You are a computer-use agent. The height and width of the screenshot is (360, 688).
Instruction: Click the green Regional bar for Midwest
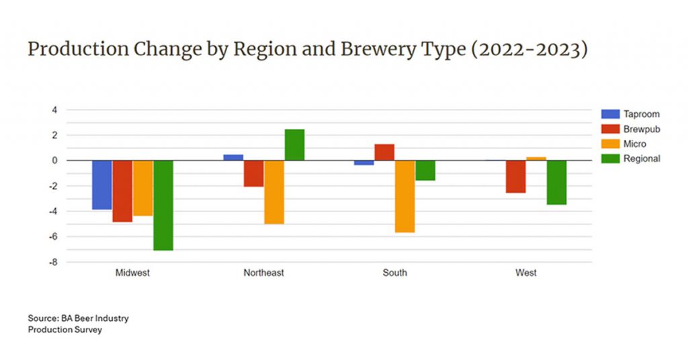pyautogui.click(x=163, y=205)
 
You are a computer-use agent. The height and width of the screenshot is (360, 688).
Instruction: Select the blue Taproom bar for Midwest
pyautogui.click(x=102, y=185)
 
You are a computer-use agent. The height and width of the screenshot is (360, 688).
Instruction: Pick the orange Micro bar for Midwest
pyautogui.click(x=143, y=188)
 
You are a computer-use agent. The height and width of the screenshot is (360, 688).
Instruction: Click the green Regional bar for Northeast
pyautogui.click(x=294, y=144)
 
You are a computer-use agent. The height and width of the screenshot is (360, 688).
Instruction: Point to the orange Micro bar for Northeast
pyautogui.click(x=274, y=192)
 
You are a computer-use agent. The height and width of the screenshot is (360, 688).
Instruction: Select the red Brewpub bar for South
pyautogui.click(x=384, y=152)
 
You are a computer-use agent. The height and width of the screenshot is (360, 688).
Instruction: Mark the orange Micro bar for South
pyautogui.click(x=405, y=196)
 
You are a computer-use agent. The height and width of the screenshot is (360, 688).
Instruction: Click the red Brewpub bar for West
pyautogui.click(x=516, y=177)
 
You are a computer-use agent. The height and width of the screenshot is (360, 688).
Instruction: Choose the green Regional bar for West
pyautogui.click(x=556, y=182)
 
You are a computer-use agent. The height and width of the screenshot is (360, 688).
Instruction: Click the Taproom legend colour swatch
pyautogui.click(x=610, y=114)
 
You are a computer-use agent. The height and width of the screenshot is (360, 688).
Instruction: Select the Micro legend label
pyautogui.click(x=635, y=144)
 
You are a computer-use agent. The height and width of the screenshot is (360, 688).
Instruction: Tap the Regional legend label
pyautogui.click(x=642, y=159)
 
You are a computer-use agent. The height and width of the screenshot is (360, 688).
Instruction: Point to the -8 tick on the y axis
pyautogui.click(x=52, y=262)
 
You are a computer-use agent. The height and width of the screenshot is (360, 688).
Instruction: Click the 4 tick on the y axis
pyautogui.click(x=55, y=109)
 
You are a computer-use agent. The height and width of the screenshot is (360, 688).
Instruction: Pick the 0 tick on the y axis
pyautogui.click(x=55, y=161)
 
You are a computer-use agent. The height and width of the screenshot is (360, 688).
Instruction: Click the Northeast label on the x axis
pyautogui.click(x=263, y=273)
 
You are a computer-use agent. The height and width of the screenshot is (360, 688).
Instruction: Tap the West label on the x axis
pyautogui.click(x=526, y=273)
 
